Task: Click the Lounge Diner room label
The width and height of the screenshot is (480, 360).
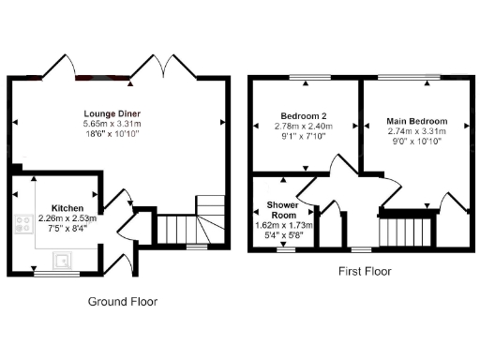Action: [111, 112]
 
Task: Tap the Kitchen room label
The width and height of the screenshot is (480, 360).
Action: [68, 208]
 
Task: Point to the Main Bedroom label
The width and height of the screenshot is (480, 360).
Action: [416, 122]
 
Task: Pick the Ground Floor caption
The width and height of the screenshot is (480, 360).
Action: [123, 302]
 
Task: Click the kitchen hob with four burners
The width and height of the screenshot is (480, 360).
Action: [22, 225]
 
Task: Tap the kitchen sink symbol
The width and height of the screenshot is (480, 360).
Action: [64, 260]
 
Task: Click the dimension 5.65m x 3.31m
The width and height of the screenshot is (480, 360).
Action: [112, 123]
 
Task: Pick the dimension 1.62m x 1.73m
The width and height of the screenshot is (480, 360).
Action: [284, 226]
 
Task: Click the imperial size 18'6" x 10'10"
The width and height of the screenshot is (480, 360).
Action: [112, 134]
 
